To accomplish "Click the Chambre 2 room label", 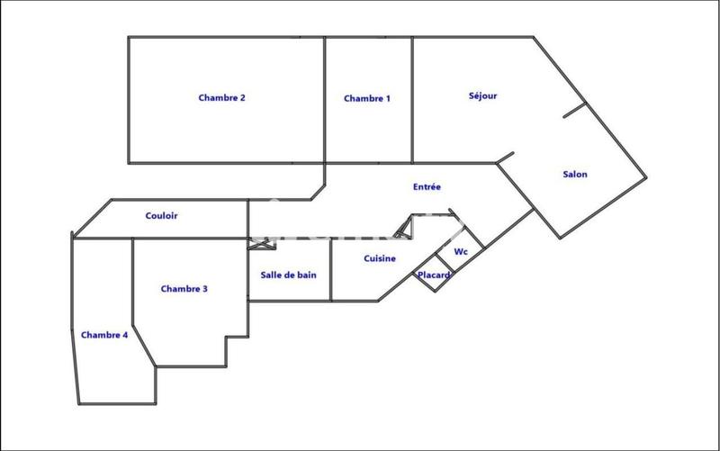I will (222, 98).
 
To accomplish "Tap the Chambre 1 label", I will (367, 99).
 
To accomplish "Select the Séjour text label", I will (483, 95).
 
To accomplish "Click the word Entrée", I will (427, 187).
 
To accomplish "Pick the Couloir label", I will (161, 216).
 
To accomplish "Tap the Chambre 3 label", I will (184, 289).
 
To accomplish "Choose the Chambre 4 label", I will (104, 335).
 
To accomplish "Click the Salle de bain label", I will (288, 275).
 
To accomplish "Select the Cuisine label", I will (381, 258).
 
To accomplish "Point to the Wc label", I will (461, 251).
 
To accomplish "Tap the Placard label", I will (434, 275).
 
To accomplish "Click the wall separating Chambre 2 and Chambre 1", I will (324, 99).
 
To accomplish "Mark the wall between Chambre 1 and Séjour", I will (412, 99).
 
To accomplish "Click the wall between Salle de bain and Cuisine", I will (330, 270).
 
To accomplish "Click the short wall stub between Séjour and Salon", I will (574, 110).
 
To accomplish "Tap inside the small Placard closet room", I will (433, 282).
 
